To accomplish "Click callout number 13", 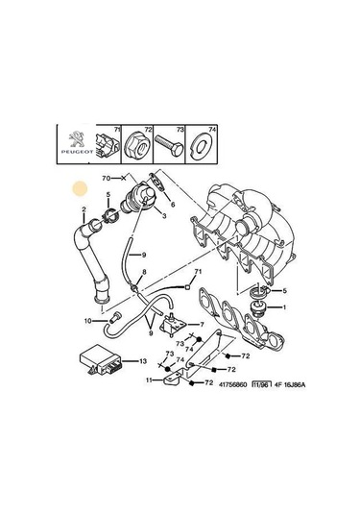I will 143,361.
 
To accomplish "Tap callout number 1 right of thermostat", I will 283,307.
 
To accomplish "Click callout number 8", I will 144,273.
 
